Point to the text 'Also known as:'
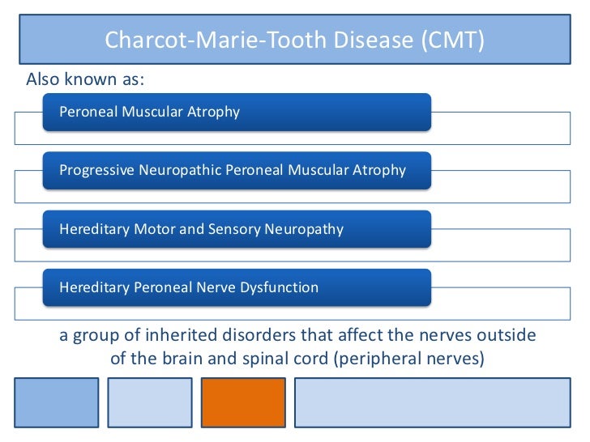(x=84, y=80)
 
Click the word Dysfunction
(x=278, y=287)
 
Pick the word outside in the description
(x=507, y=335)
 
